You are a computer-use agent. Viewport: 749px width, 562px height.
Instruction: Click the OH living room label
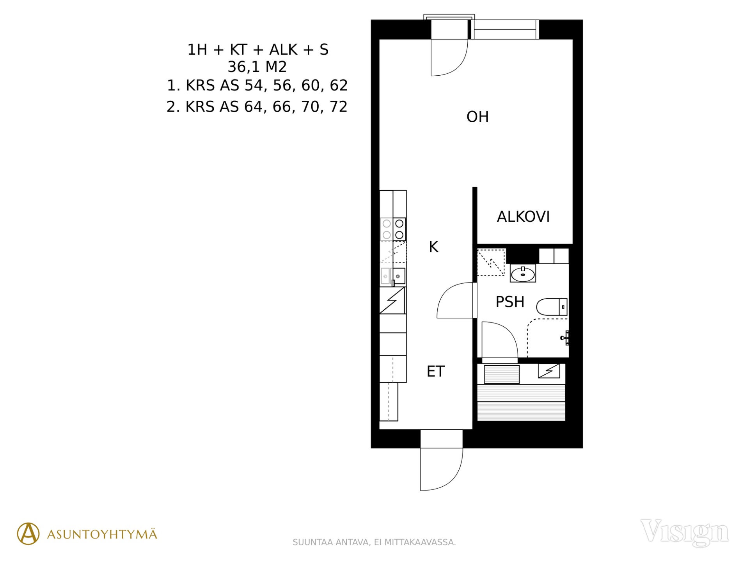tap(477, 117)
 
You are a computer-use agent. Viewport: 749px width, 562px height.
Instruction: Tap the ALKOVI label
tap(523, 217)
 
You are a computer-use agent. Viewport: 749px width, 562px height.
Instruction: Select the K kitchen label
tap(433, 247)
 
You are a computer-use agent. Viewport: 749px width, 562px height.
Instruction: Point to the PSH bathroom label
tap(510, 302)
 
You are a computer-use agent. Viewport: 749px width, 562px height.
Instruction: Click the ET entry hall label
tap(436, 371)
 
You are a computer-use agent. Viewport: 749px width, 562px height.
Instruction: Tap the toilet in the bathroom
tap(552, 307)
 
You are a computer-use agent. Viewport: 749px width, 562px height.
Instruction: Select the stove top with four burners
tap(393, 229)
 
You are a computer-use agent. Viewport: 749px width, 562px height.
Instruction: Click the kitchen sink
tap(393, 276)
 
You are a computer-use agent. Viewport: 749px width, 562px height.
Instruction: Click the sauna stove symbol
tap(549, 371)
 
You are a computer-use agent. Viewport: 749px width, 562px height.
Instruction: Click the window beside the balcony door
tap(505, 29)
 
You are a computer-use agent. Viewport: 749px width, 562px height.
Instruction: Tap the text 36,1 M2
tap(257, 67)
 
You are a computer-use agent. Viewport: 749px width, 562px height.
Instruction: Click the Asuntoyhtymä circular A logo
tap(28, 534)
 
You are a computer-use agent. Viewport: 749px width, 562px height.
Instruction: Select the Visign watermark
tap(684, 532)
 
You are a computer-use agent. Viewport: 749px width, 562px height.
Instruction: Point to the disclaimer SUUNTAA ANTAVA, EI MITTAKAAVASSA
tap(374, 542)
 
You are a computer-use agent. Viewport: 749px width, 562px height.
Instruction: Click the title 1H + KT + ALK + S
tap(258, 50)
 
